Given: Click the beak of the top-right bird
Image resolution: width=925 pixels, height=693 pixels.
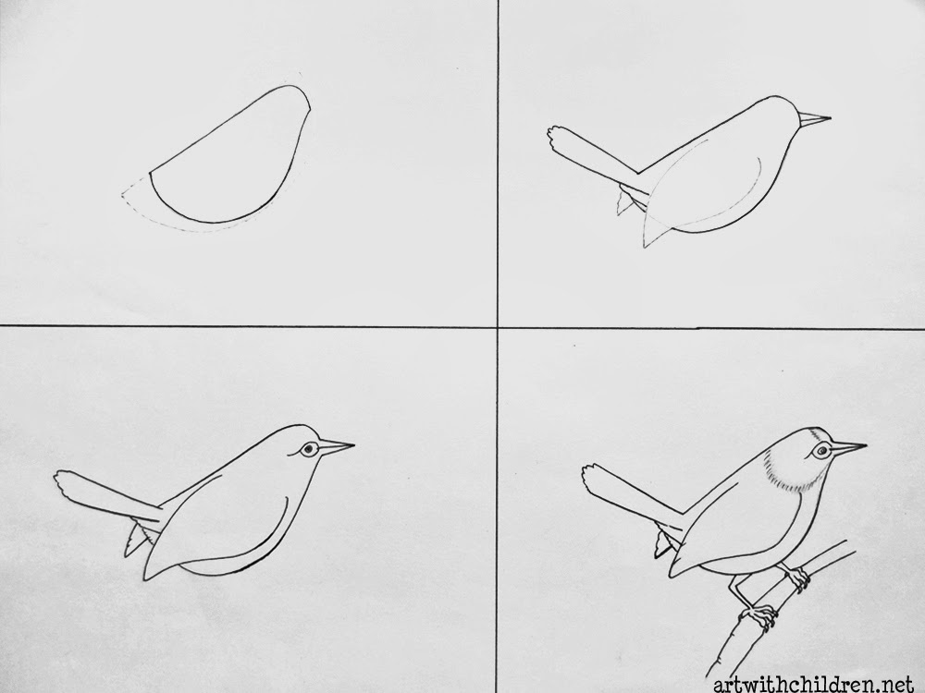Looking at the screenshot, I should pos(813,118).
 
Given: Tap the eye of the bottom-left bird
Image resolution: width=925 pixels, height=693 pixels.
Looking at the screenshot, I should pos(309,449).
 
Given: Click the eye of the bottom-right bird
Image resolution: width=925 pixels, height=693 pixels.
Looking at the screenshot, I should pos(819,452).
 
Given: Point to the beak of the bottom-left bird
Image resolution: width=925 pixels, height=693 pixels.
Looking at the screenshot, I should pos(336,447).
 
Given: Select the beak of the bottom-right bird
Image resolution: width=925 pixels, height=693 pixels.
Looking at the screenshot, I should pos(847,449).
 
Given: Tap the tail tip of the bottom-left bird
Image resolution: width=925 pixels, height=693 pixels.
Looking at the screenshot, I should pos(65,483).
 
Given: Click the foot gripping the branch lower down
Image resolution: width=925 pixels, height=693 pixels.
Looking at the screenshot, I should pos(760,615).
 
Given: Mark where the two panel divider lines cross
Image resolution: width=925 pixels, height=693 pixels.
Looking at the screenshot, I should pos(499,326).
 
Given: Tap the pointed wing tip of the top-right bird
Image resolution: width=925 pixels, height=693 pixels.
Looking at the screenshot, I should pos(647,243).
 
